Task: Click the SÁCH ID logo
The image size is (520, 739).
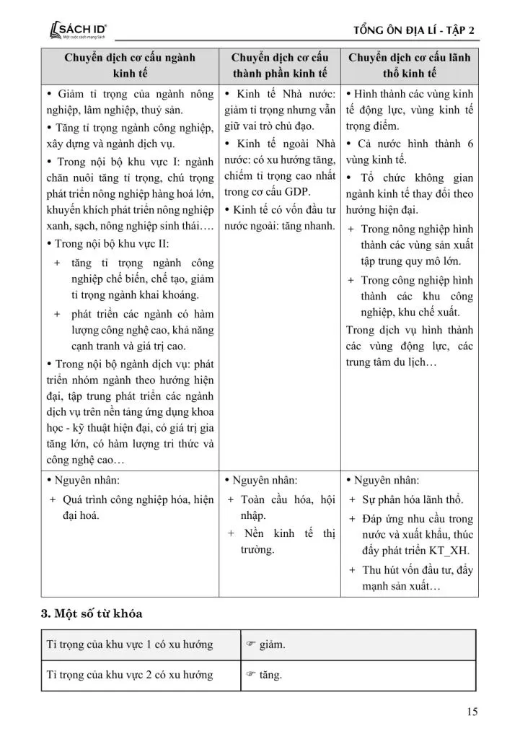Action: point(76,30)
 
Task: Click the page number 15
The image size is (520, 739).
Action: point(472,712)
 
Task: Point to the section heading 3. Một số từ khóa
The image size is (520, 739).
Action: point(92,613)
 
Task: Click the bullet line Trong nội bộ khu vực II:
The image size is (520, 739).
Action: point(108,243)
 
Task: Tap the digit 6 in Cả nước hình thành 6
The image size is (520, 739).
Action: point(470,143)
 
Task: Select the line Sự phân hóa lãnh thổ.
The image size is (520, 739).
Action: point(413,499)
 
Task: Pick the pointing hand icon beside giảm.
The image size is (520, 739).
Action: point(252,644)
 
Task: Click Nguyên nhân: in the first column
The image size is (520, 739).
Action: point(87,480)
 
